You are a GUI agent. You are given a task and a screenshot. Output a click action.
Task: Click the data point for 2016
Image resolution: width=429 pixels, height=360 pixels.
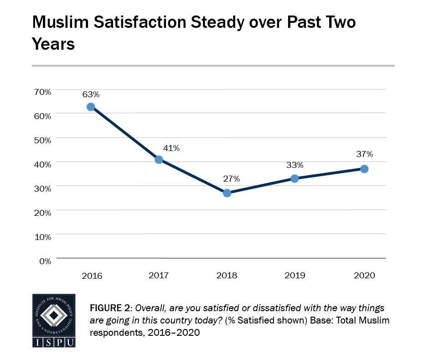[91, 107]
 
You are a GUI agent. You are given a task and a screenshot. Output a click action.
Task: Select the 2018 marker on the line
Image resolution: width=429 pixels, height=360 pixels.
[227, 193]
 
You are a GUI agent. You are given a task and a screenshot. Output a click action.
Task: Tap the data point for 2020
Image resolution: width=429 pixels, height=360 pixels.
[364, 169]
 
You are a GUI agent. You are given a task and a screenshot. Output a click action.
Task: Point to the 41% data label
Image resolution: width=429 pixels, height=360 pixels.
[171, 148]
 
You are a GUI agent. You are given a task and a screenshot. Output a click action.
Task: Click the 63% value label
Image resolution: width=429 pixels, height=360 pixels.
[91, 94]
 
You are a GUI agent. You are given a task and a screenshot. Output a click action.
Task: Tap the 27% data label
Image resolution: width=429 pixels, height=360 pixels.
[231, 178]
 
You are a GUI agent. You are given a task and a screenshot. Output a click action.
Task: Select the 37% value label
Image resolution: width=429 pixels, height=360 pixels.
[364, 154]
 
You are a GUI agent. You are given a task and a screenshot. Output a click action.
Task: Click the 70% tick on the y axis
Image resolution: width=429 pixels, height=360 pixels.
[42, 91]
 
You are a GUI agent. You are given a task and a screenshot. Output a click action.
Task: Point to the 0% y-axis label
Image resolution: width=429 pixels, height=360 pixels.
[45, 261]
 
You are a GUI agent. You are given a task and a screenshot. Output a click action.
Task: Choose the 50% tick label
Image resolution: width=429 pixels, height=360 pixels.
[42, 140]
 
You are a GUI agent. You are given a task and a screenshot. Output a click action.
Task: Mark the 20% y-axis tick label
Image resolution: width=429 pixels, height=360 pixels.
[42, 212]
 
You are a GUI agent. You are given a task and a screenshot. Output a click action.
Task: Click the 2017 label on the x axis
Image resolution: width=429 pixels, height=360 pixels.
[159, 276]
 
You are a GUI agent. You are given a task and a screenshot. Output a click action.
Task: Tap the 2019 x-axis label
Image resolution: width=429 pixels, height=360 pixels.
[295, 276]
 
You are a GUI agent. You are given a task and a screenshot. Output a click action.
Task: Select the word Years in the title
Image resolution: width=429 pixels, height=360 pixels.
[53, 44]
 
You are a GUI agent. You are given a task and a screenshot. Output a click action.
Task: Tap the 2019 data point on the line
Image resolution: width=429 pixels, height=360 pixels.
[295, 178]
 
